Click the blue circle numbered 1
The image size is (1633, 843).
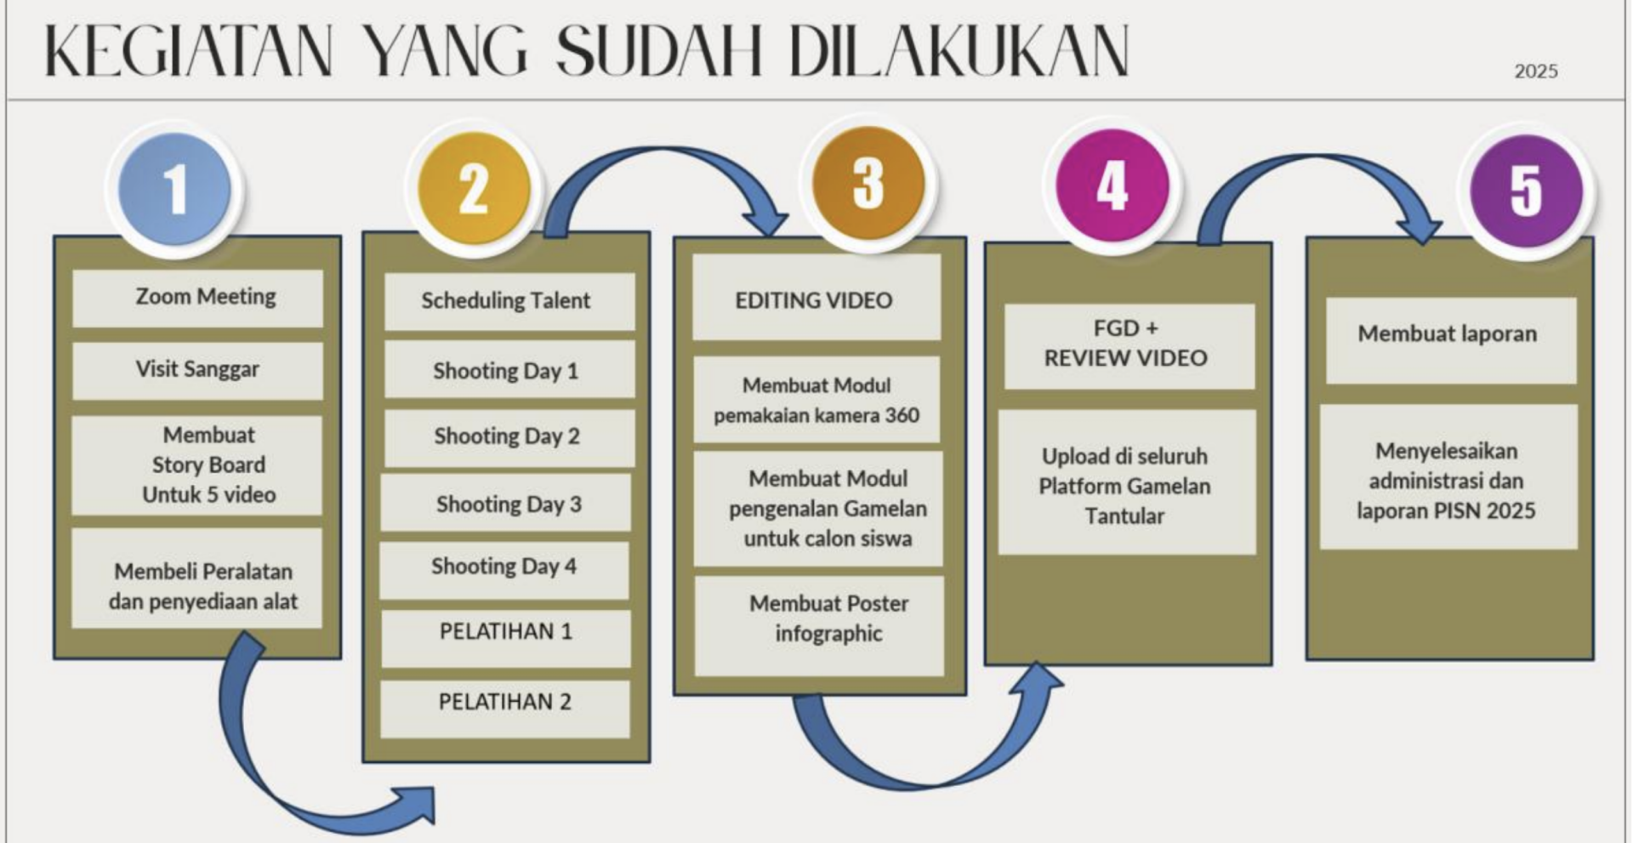pos(175,189)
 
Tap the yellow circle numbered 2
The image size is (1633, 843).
pos(474,189)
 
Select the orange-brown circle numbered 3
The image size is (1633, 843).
pos(868,183)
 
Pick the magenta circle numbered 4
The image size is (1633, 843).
pos(1112,185)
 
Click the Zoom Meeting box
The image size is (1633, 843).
pos(197,298)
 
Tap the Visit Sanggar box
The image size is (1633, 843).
pos(197,370)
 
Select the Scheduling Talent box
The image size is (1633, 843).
pos(509,301)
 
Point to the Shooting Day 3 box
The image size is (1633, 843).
pos(506,503)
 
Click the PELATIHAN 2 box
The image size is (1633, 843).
pos(505,709)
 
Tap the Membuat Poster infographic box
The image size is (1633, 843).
pos(819,626)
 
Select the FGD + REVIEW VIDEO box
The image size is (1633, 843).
pos(1129,346)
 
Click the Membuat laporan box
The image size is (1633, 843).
pos(1451,340)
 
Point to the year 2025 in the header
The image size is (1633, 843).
pos(1536,71)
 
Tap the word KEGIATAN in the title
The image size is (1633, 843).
pos(188,52)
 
